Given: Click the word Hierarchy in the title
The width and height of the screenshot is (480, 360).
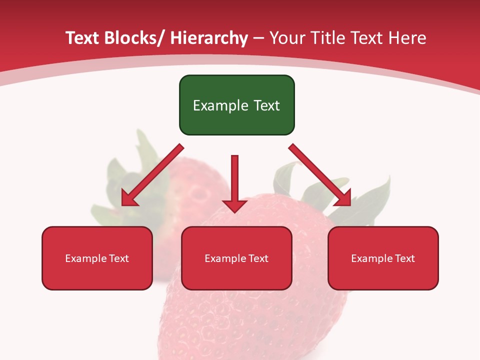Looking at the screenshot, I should click(208, 38).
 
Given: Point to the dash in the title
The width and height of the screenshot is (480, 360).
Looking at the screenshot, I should click(258, 38).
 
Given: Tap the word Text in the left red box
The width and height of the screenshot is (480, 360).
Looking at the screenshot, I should click(119, 258).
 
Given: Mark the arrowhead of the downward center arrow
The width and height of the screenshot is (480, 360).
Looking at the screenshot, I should click(234, 205).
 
